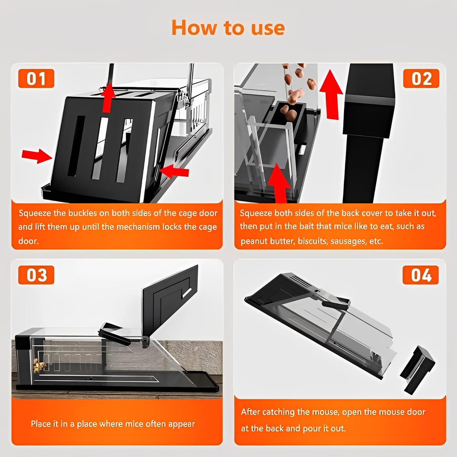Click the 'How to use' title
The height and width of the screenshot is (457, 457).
[x=228, y=28]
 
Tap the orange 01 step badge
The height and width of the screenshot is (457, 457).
[x=36, y=79]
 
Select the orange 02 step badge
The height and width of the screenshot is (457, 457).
[x=421, y=79]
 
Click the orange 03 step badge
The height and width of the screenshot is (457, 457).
[x=36, y=275]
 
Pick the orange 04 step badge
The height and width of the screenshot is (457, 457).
[x=421, y=275]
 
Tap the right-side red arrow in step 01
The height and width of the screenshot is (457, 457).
[x=174, y=171]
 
